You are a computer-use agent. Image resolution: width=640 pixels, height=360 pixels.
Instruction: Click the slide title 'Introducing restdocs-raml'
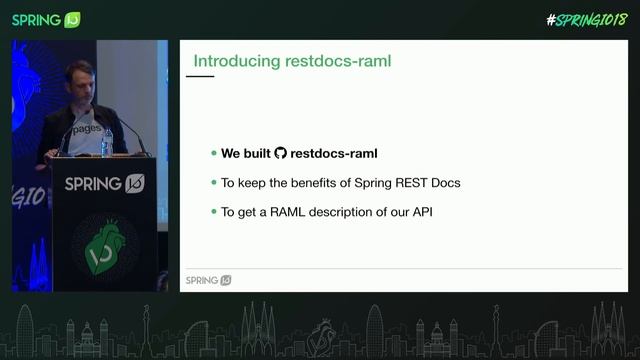(x=291, y=61)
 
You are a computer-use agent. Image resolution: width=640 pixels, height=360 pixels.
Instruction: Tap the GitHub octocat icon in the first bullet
(x=280, y=154)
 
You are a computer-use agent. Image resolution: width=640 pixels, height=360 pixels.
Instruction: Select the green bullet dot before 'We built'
(x=213, y=154)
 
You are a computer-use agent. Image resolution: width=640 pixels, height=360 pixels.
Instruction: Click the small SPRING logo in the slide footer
(x=209, y=280)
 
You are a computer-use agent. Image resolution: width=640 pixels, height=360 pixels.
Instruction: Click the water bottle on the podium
(x=107, y=142)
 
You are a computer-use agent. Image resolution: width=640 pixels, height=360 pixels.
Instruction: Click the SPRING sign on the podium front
(x=104, y=183)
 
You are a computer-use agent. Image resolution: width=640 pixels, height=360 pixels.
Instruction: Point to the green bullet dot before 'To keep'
(x=213, y=183)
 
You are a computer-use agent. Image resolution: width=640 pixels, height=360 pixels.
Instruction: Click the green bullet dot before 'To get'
(x=213, y=212)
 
